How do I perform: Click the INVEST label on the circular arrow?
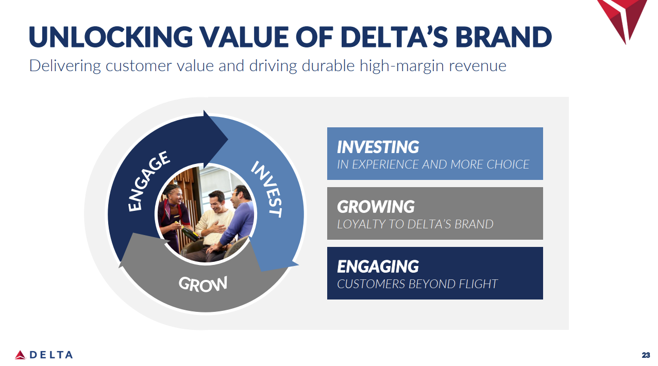tap(267, 189)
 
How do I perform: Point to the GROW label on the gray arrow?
tap(203, 284)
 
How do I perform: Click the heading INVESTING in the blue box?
tap(378, 147)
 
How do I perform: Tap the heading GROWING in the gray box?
tap(376, 207)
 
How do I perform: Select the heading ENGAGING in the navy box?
tap(378, 267)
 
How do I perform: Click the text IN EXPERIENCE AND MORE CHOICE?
tap(433, 164)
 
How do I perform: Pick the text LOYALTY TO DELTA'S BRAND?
tap(415, 224)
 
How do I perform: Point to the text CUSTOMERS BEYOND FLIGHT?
tap(417, 284)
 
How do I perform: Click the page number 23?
tap(646, 355)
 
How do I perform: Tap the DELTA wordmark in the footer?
tap(51, 355)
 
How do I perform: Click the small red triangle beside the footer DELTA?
tap(20, 355)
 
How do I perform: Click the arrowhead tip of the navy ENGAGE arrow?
tap(227, 138)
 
